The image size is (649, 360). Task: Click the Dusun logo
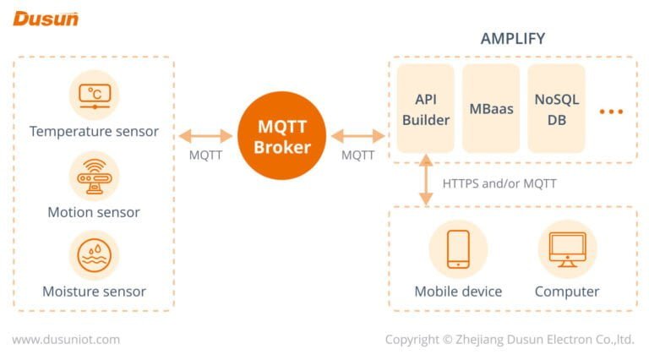[x=46, y=18]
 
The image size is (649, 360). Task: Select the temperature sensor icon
[x=94, y=95]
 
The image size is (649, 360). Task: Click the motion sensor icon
[x=94, y=176]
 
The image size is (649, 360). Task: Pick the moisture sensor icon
[x=94, y=255]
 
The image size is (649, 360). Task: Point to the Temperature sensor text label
[x=94, y=132]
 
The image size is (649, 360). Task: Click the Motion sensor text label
[x=94, y=212]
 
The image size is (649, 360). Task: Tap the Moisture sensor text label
[x=94, y=292]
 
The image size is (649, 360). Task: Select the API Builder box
[x=425, y=109]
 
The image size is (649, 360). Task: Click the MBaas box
[x=491, y=109]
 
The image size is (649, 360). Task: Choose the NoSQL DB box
[x=556, y=109]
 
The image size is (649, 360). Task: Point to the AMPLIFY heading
[x=512, y=39]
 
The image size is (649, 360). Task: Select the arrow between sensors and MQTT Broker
[x=205, y=135]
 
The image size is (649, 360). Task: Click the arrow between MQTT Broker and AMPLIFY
[x=357, y=135]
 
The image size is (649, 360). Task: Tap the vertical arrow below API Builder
[x=425, y=181]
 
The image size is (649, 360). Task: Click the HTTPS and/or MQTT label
[x=499, y=183]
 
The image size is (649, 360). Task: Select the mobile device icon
[x=458, y=249]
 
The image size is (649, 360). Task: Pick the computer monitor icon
[x=567, y=249]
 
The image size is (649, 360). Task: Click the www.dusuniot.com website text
[x=66, y=340]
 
